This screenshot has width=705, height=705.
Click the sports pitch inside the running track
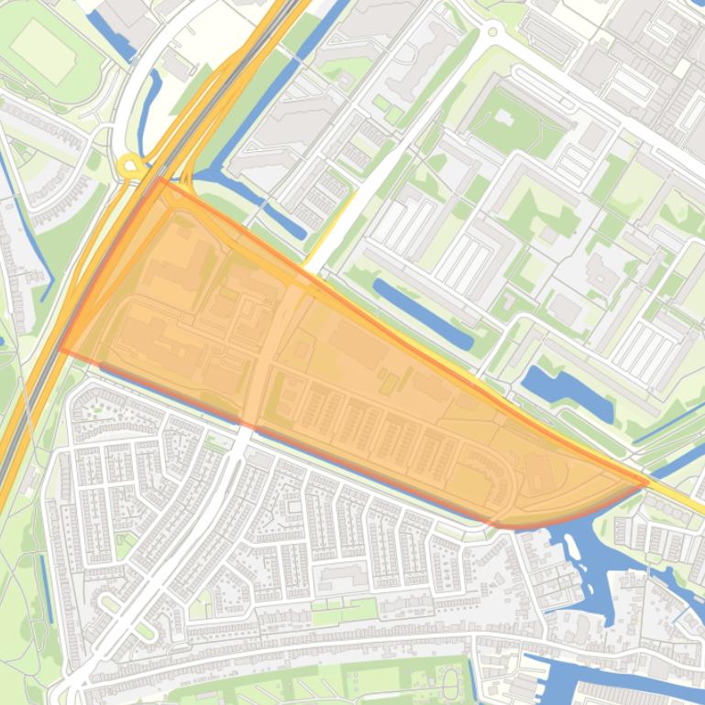click(43, 51)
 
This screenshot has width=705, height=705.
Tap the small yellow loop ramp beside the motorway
click(129, 167)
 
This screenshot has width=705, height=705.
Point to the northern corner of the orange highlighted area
click(160, 179)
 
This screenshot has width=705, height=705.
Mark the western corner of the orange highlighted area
click(61, 348)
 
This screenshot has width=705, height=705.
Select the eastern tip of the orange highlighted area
click(647, 481)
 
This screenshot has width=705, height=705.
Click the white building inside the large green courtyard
click(505, 120)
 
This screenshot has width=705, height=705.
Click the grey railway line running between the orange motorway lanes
click(37, 403)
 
